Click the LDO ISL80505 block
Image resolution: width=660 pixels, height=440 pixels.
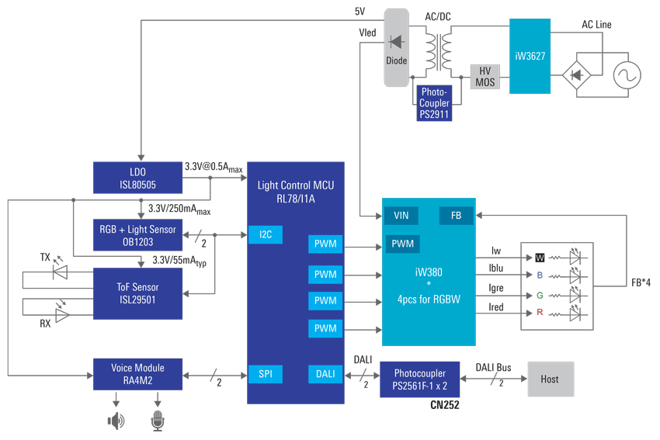point(137,177)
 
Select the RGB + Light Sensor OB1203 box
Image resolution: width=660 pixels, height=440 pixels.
point(137,234)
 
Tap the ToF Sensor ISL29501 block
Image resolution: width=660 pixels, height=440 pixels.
point(137,293)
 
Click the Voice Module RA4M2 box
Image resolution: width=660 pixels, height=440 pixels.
point(137,374)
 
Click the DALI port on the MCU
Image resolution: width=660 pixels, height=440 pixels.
point(325,374)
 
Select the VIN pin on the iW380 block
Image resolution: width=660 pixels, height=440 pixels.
point(401,215)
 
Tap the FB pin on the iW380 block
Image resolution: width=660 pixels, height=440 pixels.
point(455,215)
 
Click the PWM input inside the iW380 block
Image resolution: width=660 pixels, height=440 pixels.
point(402,244)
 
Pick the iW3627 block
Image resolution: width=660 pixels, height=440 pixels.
point(530,56)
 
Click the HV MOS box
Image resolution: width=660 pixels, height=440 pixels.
point(485,76)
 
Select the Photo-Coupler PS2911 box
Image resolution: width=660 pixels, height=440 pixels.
point(434,102)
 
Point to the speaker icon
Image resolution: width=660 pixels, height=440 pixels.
point(116,421)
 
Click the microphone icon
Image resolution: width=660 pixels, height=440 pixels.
point(159,421)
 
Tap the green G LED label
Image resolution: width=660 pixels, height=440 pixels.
point(539,295)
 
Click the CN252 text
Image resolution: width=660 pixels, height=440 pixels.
point(446,406)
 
